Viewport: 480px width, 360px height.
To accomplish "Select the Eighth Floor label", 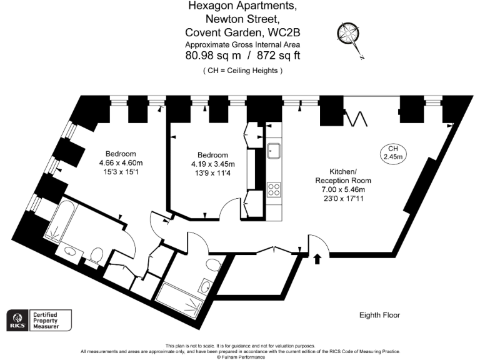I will (379, 315).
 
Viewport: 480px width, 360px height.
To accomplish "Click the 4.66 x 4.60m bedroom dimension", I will (121, 163).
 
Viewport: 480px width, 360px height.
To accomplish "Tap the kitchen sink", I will (274, 151).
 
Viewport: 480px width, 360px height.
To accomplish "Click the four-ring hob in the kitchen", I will (274, 189).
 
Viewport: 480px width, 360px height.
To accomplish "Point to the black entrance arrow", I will (317, 257).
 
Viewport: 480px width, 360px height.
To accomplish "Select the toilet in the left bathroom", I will (96, 254).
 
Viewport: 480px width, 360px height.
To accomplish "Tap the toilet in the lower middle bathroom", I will (213, 266).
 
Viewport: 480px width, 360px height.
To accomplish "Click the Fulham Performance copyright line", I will (241, 357).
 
